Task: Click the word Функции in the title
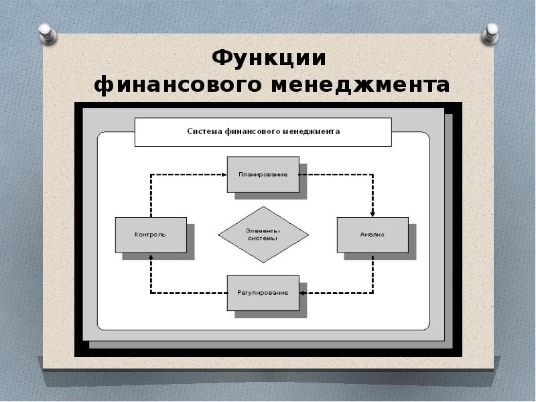click(x=269, y=58)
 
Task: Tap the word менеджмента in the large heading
click(x=360, y=86)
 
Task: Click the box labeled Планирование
click(x=263, y=174)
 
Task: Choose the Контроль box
click(x=151, y=235)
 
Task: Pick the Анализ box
click(x=373, y=235)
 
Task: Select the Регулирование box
click(x=263, y=293)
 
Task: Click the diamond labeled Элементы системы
click(x=263, y=234)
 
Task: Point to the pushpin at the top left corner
click(x=47, y=34)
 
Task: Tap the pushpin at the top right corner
click(x=490, y=33)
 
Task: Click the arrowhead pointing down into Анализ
click(x=373, y=214)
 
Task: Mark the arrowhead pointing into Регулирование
click(x=302, y=293)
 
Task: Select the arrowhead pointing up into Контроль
click(x=151, y=256)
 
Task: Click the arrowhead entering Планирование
click(x=224, y=175)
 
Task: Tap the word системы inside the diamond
click(x=263, y=239)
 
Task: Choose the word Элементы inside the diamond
click(x=263, y=230)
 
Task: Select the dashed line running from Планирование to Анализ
click(x=373, y=175)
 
